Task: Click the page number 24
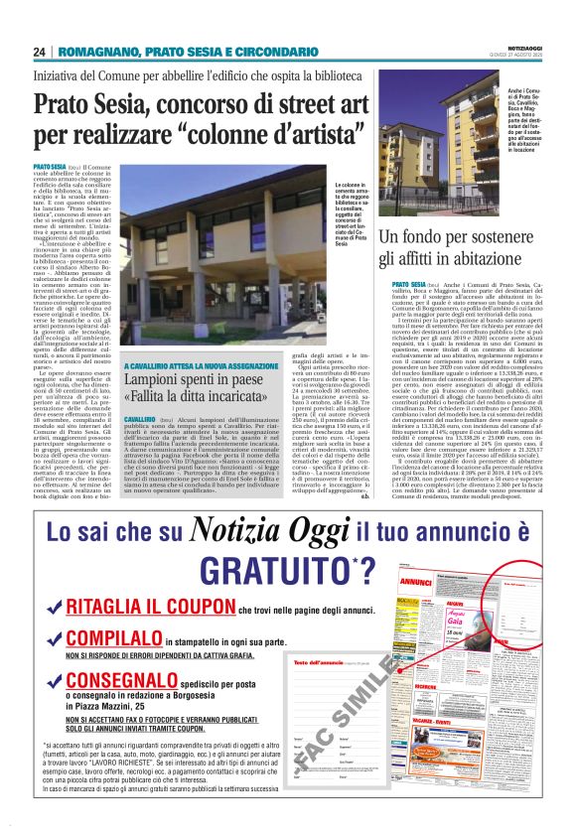point(40,51)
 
